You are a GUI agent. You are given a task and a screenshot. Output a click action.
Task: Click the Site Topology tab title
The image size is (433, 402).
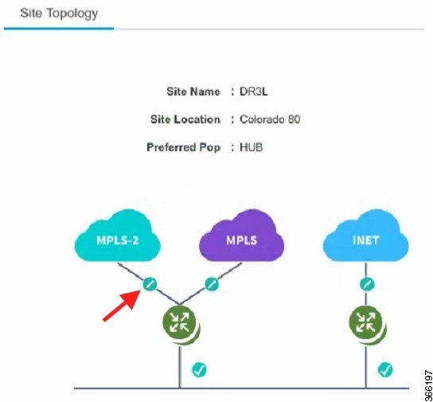tap(59, 14)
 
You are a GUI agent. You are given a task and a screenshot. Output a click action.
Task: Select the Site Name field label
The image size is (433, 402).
tap(193, 92)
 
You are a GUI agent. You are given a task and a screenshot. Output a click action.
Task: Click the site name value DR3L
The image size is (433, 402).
tap(253, 92)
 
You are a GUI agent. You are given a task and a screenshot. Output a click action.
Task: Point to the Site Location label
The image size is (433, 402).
tap(185, 119)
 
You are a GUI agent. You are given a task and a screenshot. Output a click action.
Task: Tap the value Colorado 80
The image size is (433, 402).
tap(270, 119)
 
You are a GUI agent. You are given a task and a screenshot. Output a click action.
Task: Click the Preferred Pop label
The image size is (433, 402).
tap(183, 147)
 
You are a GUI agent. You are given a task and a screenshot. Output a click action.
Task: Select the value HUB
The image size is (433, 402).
tap(251, 147)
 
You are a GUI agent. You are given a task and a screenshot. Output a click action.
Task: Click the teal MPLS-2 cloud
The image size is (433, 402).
tap(118, 236)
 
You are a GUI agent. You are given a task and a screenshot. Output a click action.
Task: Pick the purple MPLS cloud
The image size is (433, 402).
tap(242, 236)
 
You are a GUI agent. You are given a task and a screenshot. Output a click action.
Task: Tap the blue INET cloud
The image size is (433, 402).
tap(365, 236)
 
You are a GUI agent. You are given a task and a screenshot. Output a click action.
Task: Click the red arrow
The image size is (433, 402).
tap(122, 306)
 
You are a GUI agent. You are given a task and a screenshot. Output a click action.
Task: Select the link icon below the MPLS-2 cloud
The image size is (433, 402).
tap(150, 284)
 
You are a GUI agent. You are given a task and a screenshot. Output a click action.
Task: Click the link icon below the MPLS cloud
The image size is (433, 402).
tap(212, 284)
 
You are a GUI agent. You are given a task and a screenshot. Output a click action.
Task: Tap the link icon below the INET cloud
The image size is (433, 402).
tap(367, 284)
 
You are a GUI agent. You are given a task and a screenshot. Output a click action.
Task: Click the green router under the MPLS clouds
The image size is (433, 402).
tap(181, 323)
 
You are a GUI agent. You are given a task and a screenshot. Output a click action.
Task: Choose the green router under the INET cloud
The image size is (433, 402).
tap(367, 323)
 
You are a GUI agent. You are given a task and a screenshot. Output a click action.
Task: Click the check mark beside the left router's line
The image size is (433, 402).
tap(199, 369)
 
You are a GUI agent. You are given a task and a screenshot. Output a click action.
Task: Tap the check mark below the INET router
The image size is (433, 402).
tap(385, 369)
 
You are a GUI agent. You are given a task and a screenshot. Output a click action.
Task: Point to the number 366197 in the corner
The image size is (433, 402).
tap(427, 384)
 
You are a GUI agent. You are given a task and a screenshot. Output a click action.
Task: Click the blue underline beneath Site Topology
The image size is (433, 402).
tap(59, 29)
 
